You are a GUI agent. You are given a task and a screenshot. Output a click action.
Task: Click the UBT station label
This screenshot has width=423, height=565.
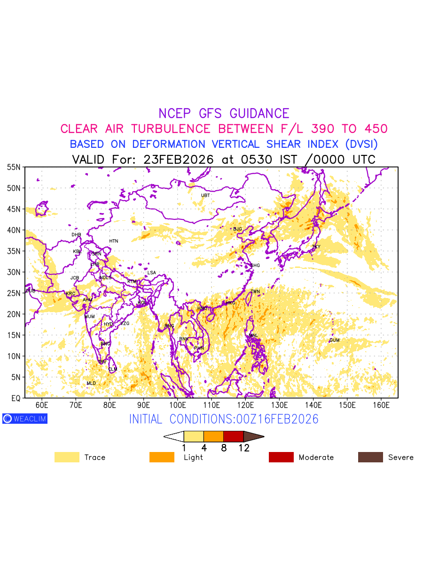pos(205,195)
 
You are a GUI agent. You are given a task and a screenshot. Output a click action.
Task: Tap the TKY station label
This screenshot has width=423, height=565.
pos(316,247)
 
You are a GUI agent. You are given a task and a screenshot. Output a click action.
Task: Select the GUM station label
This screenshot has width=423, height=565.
pos(334,340)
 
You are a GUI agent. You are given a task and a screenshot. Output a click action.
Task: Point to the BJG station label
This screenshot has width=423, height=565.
pos(237,229)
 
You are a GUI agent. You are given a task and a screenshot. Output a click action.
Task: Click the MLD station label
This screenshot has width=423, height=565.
pos(91,384)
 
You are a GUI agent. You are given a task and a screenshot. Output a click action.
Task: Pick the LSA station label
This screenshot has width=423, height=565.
pos(151,273)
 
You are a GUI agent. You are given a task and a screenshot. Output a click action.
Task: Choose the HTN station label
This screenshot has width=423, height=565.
pos(114,241)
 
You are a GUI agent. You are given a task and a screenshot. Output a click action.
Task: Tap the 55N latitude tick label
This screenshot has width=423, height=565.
pos(13,167)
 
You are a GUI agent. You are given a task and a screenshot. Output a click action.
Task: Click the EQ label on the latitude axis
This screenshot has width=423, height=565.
pos(16,398)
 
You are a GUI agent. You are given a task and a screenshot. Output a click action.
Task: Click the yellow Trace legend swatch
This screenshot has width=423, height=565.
pos(67,457)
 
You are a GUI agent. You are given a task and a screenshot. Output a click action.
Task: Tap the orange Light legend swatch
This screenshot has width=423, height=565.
pos(162,457)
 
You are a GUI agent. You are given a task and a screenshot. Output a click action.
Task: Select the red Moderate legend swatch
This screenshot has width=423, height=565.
pos(281,457)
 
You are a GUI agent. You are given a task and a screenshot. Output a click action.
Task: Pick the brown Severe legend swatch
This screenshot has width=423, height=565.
pos(370,457)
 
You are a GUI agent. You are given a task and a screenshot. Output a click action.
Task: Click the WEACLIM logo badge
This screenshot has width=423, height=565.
pos(25,419)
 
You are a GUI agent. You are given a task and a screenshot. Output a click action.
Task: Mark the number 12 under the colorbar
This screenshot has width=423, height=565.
pos(243,448)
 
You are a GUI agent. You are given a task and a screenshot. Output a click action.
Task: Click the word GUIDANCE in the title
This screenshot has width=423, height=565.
pos(259,113)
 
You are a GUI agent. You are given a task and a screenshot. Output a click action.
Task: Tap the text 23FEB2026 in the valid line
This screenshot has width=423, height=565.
pos(179,160)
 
